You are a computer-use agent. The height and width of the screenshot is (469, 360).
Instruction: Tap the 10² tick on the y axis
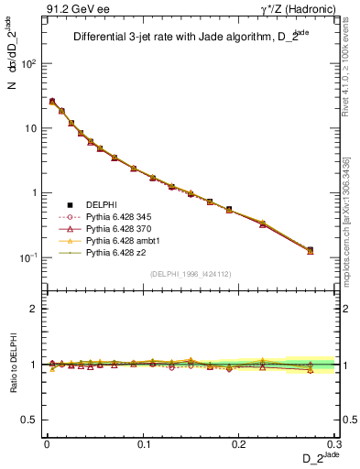(32, 64)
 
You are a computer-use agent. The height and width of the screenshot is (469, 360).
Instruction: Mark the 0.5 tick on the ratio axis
(34, 420)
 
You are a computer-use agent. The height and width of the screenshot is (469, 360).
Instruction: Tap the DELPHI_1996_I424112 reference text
(191, 274)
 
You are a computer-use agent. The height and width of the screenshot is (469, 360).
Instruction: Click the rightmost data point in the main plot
(310, 250)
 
